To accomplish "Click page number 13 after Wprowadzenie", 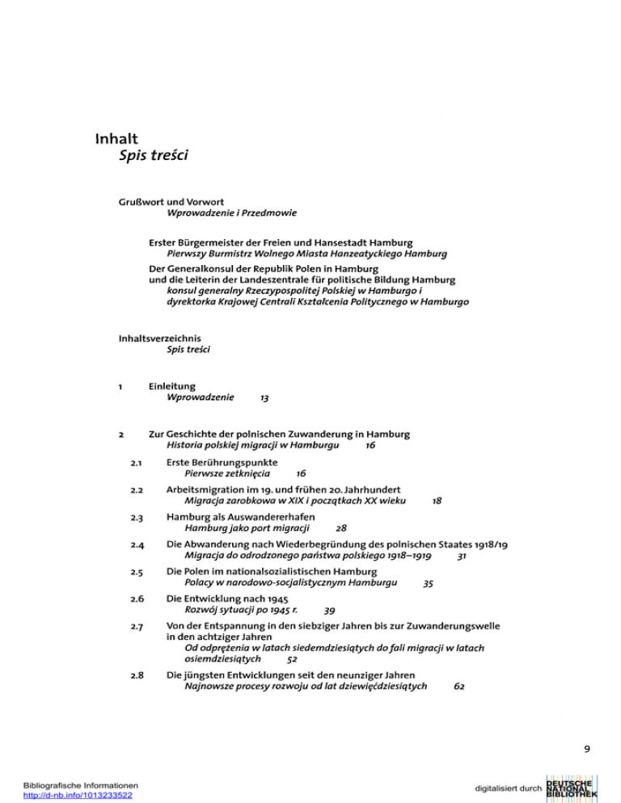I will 265,399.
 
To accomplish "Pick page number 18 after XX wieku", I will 437,501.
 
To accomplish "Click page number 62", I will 459,687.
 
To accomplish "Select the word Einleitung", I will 172,386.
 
